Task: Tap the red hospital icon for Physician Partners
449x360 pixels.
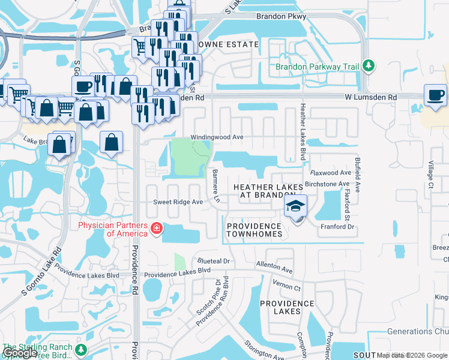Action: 157,229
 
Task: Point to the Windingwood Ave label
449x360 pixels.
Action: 217,137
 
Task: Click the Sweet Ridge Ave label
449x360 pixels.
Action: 178,202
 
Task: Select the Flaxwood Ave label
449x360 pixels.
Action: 330,173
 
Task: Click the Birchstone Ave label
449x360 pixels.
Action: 327,184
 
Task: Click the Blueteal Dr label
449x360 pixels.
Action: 213,261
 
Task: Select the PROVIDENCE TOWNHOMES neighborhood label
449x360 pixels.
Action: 254,230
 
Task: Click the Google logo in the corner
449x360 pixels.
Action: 20,353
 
